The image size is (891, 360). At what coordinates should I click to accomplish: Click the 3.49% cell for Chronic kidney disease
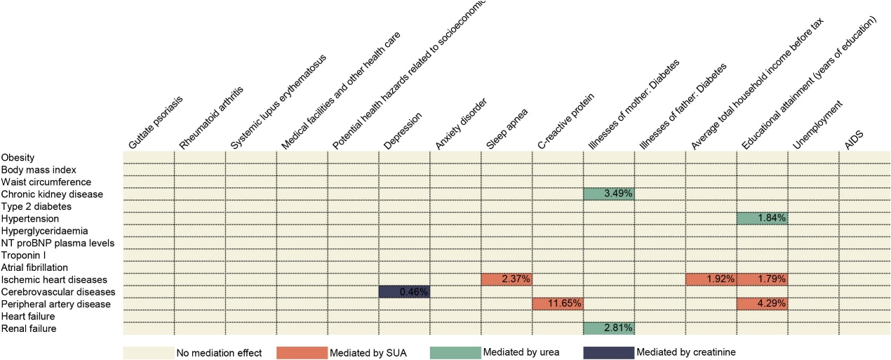point(608,194)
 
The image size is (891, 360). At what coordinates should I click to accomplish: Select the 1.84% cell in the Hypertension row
point(762,218)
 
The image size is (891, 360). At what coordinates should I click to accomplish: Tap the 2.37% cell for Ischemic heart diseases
point(507,279)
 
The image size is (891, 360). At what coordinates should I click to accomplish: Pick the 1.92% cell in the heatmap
point(711,279)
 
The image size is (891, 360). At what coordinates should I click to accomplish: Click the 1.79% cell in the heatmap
point(762,279)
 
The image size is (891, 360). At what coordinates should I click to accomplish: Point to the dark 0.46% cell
point(404,291)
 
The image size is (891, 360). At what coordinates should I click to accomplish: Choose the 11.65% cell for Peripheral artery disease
point(558,304)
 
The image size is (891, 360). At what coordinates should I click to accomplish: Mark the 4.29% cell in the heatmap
point(762,304)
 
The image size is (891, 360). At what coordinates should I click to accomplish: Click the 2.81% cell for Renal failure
point(608,328)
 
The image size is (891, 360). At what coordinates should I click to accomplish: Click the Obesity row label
point(18,157)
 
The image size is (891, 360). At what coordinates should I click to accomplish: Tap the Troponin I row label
point(24,255)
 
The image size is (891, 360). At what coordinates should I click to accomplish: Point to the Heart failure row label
point(26,316)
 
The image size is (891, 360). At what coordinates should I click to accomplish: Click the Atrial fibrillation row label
point(34,267)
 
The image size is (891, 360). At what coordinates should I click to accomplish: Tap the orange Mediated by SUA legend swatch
point(302,352)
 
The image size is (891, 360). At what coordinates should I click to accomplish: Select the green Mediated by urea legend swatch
point(455,352)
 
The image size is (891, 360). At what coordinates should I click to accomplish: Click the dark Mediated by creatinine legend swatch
point(608,352)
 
